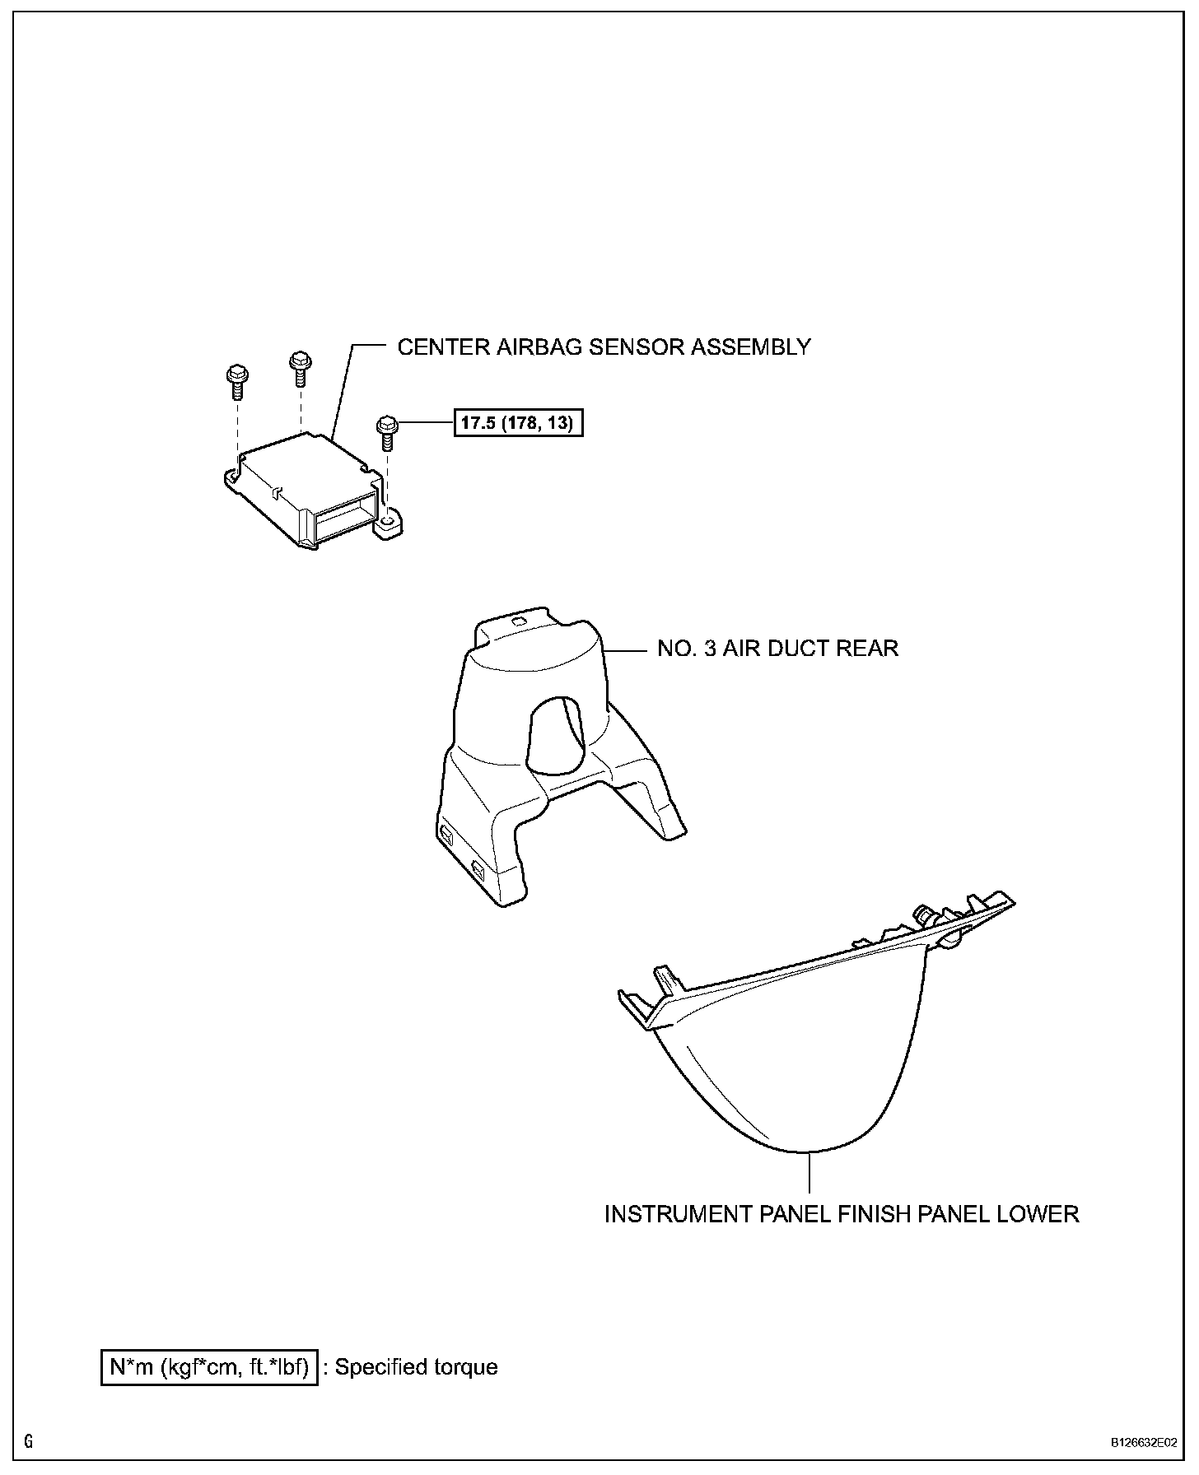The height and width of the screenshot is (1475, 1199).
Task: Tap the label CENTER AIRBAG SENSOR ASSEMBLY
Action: point(604,347)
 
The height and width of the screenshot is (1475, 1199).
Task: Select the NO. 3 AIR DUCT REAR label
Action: point(777,649)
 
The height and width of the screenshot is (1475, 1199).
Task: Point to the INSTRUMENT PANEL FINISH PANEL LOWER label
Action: point(842,1214)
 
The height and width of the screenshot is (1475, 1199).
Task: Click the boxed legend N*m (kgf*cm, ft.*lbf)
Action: point(209,1367)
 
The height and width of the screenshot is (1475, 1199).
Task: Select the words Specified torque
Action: point(417,1367)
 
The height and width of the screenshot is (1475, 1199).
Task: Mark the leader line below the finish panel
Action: point(810,1173)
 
